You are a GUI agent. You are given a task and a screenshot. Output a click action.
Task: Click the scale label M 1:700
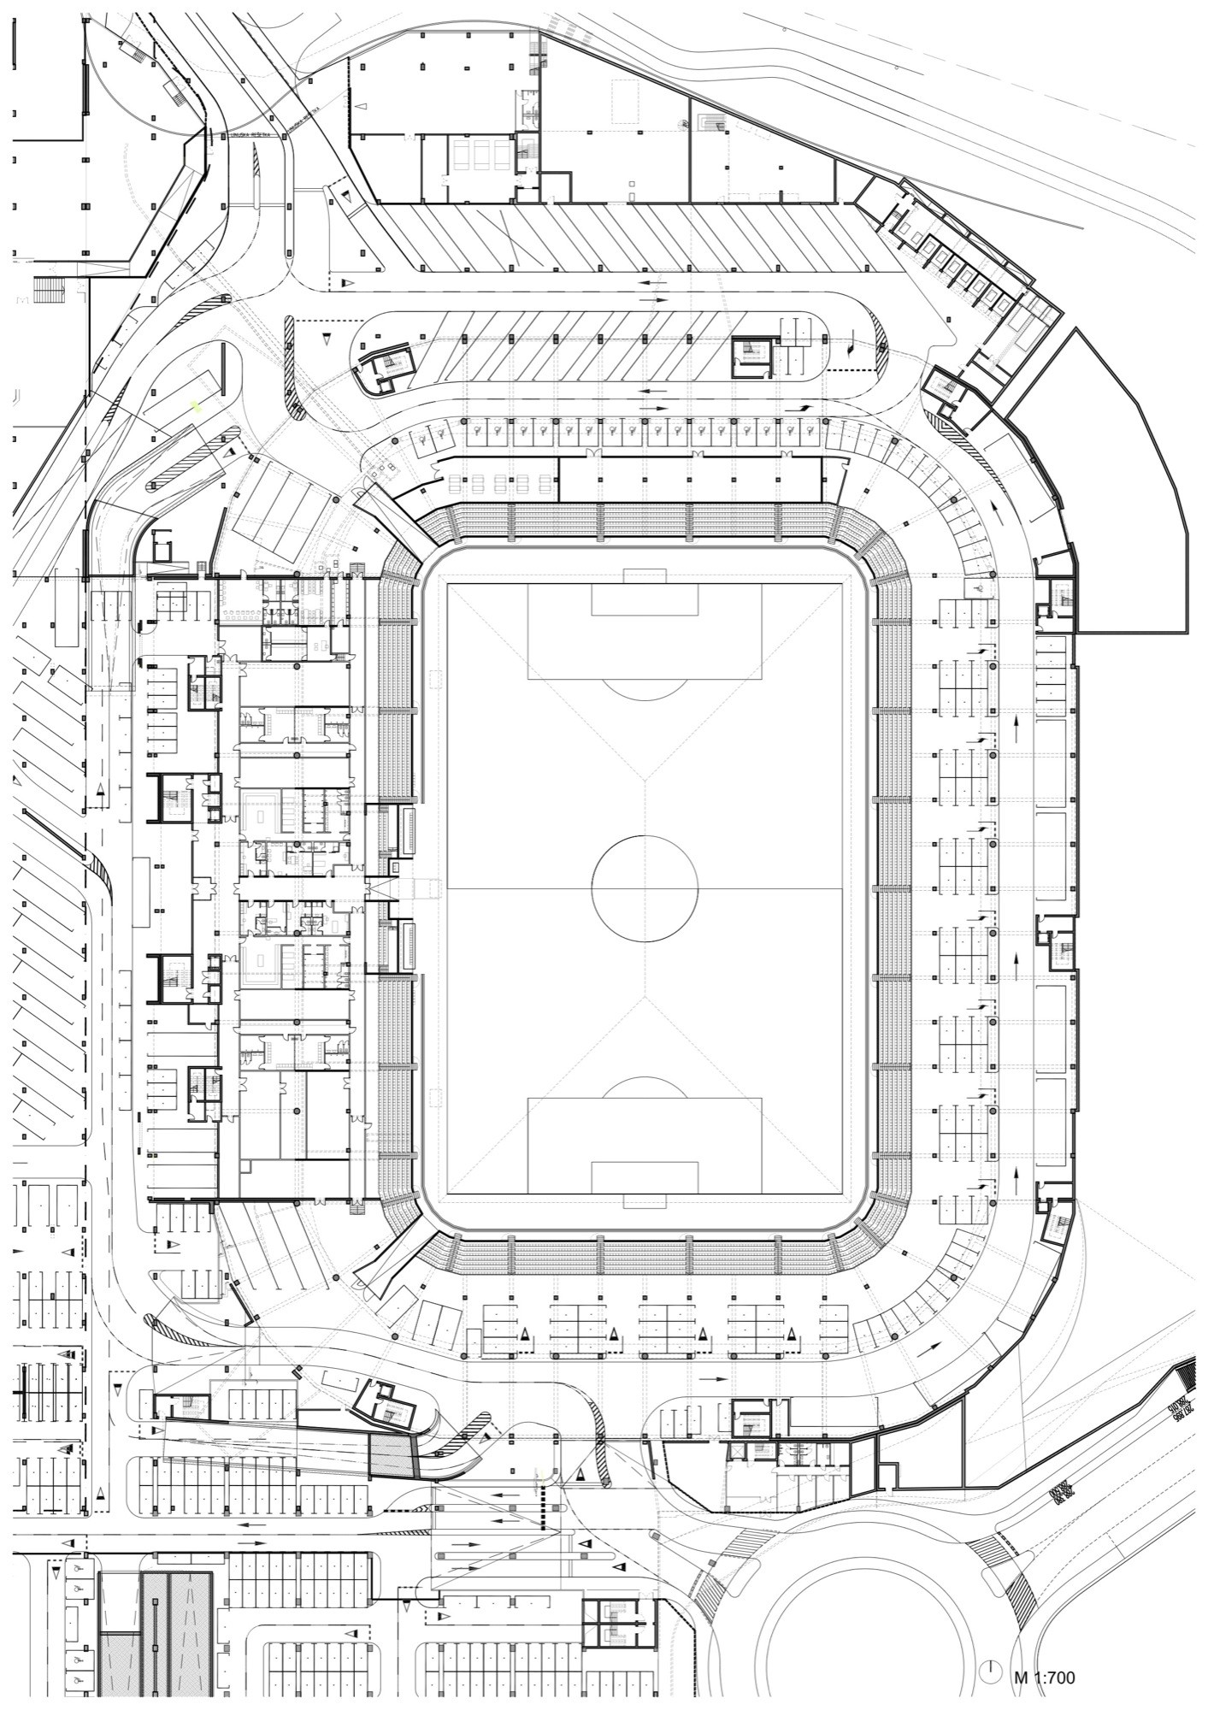click(x=1044, y=1678)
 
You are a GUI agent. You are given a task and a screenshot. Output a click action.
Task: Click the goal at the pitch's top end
click(x=645, y=575)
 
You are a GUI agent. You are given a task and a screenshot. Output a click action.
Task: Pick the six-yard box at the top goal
click(x=645, y=598)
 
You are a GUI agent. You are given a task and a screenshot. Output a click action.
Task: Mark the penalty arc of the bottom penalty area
click(x=645, y=1086)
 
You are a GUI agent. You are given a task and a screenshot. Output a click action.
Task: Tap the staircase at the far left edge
click(x=50, y=290)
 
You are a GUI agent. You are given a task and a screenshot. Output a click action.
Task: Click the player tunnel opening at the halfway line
click(x=402, y=889)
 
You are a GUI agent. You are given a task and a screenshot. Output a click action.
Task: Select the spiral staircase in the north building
click(x=684, y=126)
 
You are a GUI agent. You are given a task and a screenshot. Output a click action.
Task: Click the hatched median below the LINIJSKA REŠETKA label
click(x=256, y=175)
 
